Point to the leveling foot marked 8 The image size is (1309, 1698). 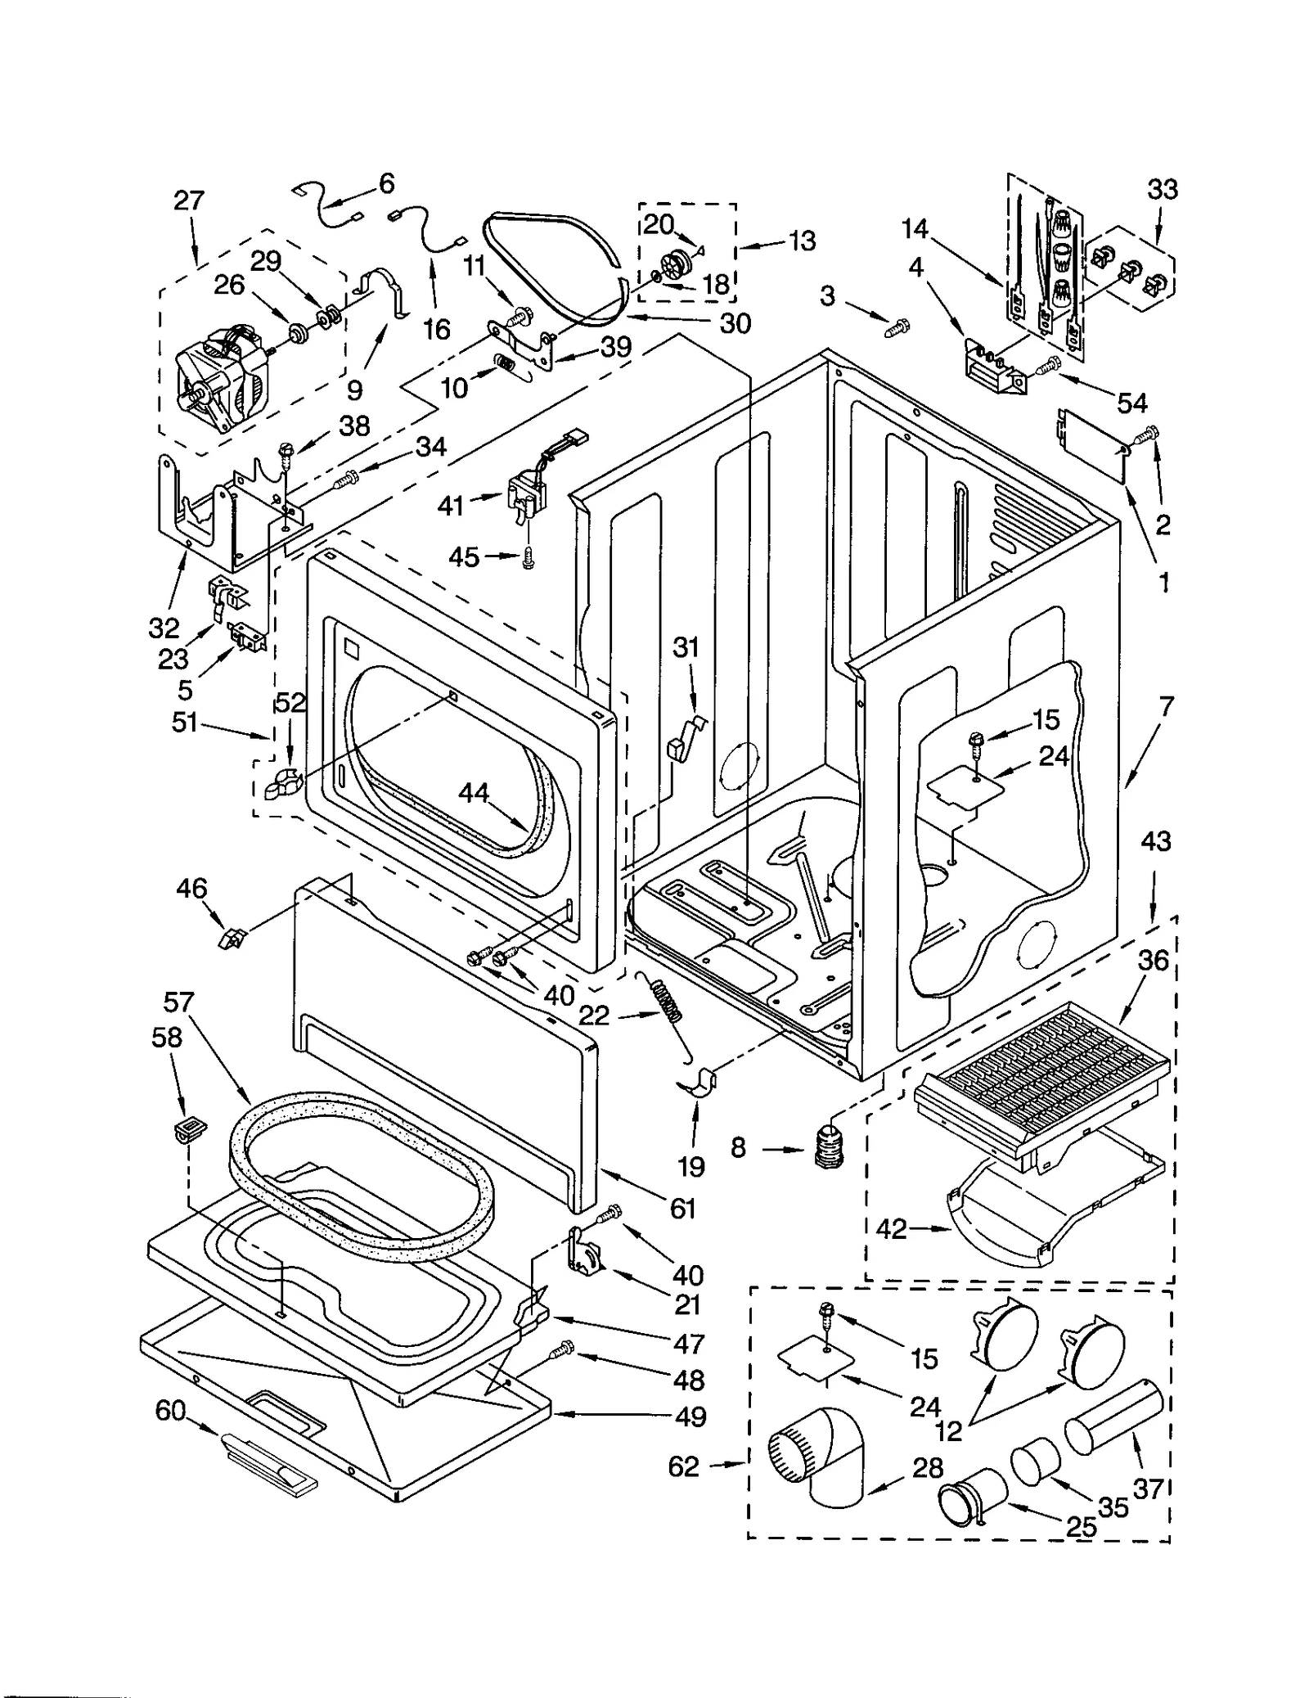coord(830,1146)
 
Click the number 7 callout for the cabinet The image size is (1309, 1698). coord(1166,705)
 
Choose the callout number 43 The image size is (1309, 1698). coord(1155,840)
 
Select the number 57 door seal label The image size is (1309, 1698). coord(178,1002)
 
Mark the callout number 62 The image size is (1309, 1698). coord(683,1466)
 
